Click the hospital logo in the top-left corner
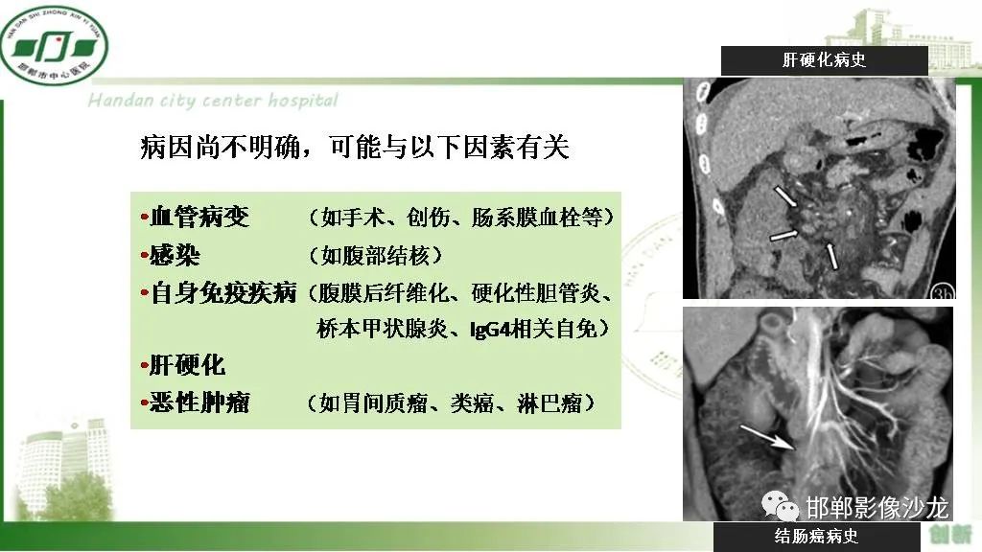click(54, 44)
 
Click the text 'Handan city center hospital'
click(213, 101)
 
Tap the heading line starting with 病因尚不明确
click(354, 148)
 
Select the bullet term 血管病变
click(200, 218)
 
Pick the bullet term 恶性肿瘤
click(200, 402)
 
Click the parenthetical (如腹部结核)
click(376, 256)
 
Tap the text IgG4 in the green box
click(489, 330)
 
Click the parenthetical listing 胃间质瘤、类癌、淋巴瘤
click(451, 403)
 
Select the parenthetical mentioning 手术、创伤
click(460, 218)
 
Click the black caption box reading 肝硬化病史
click(824, 60)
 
